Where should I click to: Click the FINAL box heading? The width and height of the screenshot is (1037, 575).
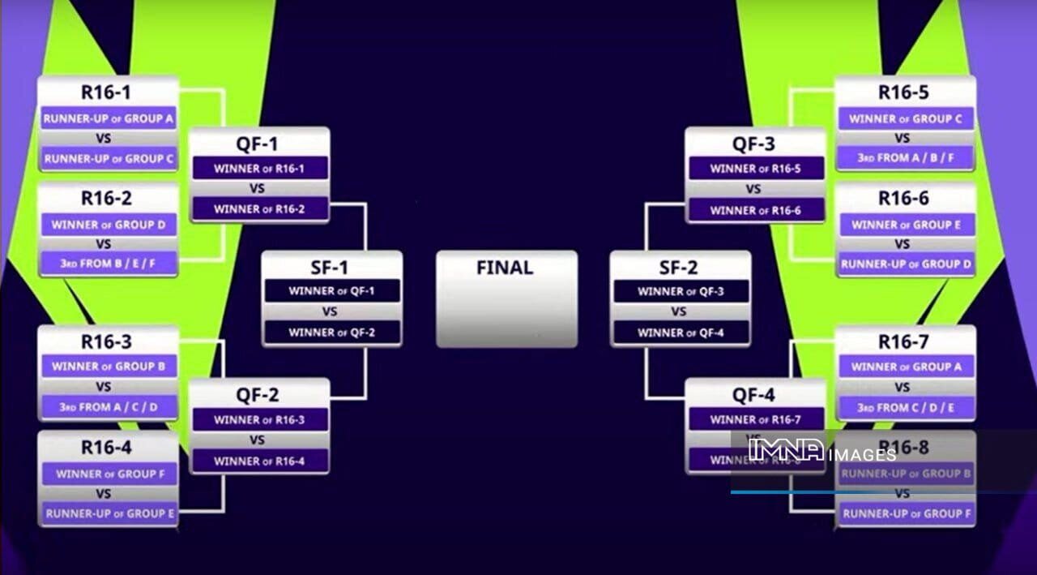(506, 268)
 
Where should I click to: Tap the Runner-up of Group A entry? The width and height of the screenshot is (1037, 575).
(109, 118)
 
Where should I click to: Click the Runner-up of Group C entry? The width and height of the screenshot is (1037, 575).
(109, 159)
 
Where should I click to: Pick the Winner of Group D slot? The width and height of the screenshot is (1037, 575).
(109, 225)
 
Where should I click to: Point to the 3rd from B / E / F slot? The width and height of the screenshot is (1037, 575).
(109, 264)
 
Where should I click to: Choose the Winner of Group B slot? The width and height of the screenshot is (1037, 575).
(109, 367)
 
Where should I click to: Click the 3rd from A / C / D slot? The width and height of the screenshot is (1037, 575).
(109, 407)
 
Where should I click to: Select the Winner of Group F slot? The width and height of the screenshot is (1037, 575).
(109, 474)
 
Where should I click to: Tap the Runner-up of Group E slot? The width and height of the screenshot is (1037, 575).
(109, 513)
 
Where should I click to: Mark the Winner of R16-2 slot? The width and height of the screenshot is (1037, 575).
(259, 209)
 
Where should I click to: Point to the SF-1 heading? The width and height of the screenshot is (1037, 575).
(331, 268)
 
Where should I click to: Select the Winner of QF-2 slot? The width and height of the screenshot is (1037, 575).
(331, 332)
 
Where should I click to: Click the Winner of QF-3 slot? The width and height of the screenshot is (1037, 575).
(679, 291)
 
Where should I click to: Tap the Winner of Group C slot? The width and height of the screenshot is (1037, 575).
(905, 118)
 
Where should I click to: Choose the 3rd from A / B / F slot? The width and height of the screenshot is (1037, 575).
(905, 158)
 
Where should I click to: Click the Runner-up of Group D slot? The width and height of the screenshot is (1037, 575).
(905, 264)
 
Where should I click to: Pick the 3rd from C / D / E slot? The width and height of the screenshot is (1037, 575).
(905, 407)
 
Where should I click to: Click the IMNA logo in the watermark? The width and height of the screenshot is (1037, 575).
(786, 450)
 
